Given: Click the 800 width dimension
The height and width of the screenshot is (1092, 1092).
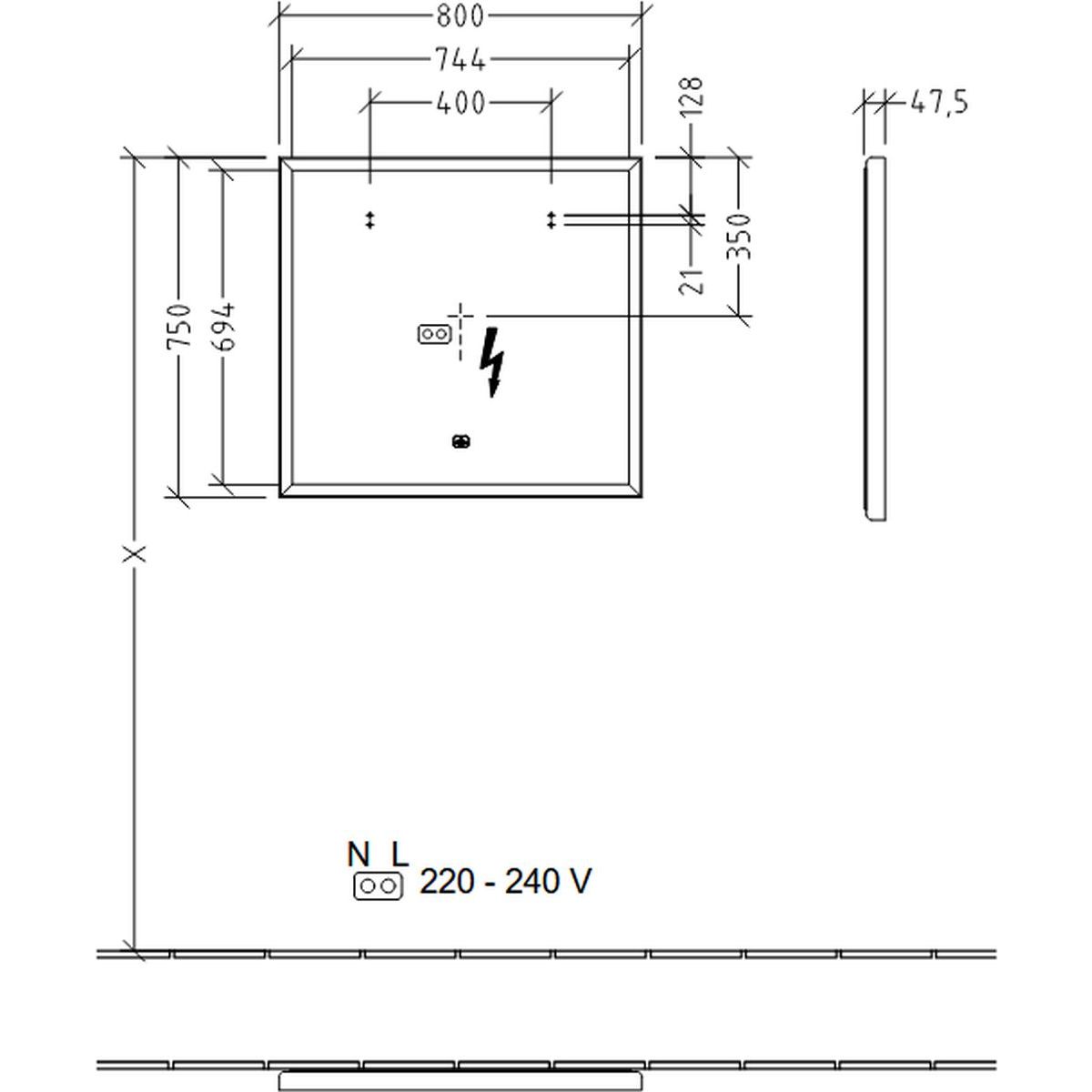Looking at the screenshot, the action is tap(460, 15).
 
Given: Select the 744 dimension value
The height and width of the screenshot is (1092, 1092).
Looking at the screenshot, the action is tap(460, 59).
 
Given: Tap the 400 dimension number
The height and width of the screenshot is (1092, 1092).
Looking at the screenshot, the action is tap(460, 103).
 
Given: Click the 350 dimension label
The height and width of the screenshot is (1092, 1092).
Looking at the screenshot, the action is tap(738, 237).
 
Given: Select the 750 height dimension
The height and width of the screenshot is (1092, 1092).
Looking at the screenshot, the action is tap(179, 327).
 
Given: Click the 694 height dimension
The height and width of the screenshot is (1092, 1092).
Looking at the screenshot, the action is tap(223, 327).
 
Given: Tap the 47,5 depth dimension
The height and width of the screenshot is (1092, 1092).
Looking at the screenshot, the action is tap(939, 103).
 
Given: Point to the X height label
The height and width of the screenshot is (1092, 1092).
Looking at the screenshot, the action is tap(135, 553).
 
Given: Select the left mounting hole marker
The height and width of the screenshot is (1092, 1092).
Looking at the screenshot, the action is tap(369, 220).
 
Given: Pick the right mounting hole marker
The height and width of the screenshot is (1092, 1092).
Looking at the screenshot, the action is tap(551, 220).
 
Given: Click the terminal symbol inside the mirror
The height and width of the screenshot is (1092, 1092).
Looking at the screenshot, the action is tap(435, 334).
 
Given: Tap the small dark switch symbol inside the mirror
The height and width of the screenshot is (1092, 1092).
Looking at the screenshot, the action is tap(460, 441).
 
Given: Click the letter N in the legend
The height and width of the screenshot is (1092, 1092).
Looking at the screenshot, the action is tap(359, 855).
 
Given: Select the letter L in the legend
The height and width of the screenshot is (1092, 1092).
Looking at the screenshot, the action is tap(400, 855).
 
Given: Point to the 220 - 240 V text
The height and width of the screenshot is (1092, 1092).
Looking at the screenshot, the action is tap(505, 882).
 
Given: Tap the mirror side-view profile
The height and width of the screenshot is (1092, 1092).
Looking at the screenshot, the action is tap(875, 339).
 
